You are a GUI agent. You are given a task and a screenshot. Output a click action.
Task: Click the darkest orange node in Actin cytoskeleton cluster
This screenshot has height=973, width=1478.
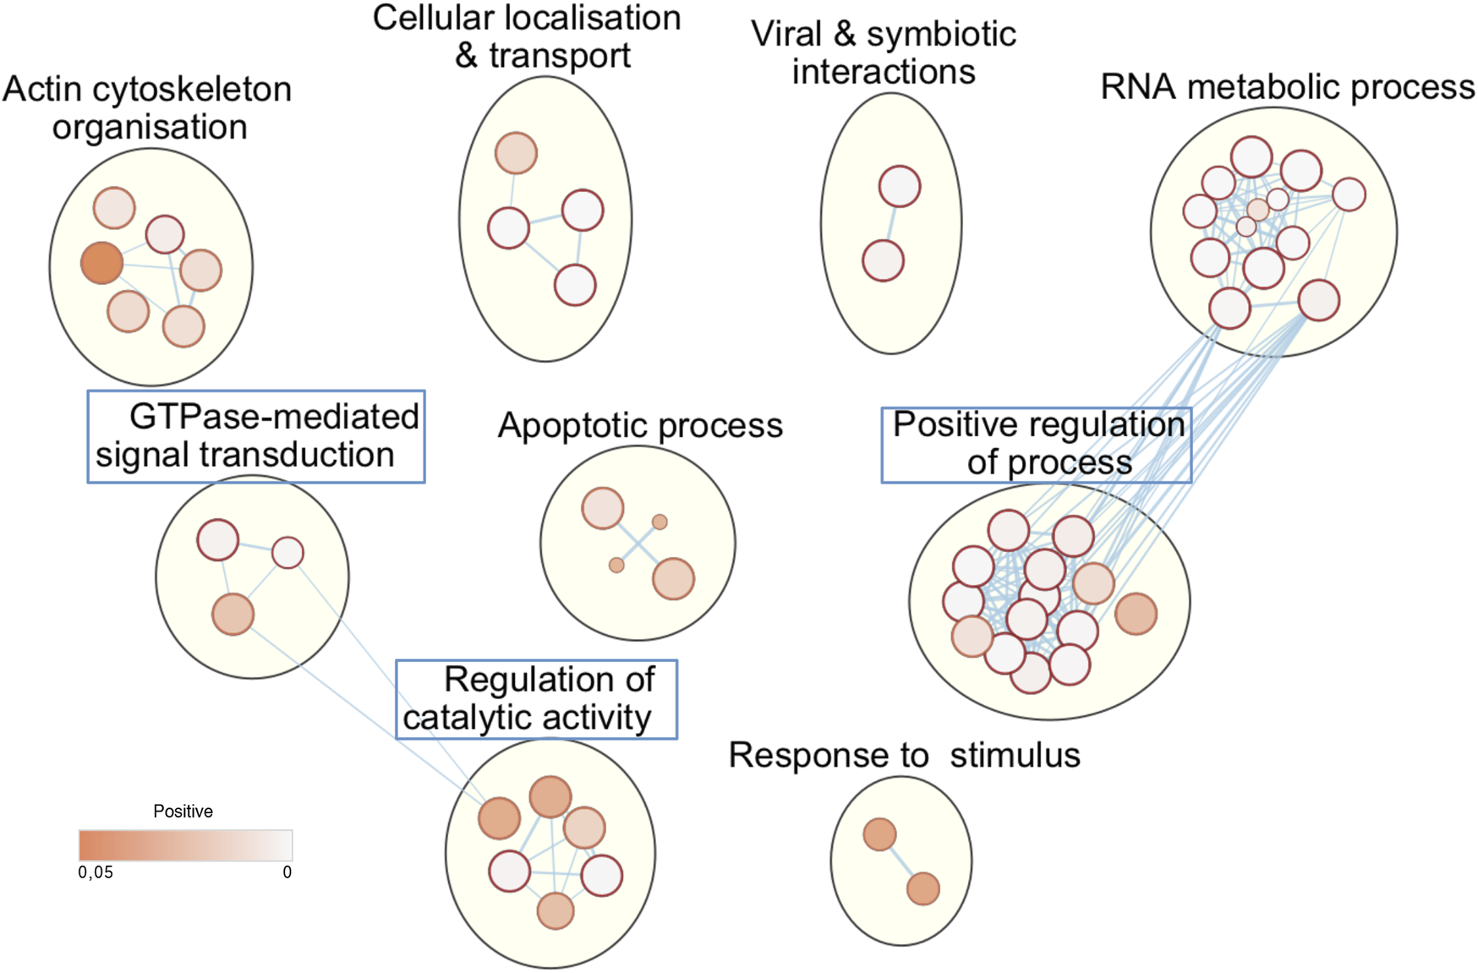click(101, 262)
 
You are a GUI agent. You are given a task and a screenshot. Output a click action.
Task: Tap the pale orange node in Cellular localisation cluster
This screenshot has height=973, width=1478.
click(516, 153)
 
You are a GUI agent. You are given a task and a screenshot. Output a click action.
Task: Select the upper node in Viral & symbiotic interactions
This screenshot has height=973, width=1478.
click(900, 186)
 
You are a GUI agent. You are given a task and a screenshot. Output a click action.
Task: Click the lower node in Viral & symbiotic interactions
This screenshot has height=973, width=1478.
click(884, 260)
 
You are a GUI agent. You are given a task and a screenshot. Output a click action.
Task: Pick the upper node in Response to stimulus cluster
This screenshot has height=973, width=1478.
click(879, 834)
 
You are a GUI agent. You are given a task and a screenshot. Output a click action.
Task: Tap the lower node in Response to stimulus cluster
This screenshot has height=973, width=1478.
click(923, 889)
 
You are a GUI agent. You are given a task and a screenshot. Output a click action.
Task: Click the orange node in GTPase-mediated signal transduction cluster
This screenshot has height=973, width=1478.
click(233, 615)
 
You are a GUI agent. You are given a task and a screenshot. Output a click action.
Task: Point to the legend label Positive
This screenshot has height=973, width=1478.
click(183, 812)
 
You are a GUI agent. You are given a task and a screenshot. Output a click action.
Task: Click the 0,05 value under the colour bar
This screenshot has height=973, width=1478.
click(96, 872)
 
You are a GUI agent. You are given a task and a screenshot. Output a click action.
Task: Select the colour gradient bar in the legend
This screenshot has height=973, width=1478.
click(186, 845)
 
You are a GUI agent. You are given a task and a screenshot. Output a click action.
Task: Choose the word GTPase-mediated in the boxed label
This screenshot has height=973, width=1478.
click(274, 417)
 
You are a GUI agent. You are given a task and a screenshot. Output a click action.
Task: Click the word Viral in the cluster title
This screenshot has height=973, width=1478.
click(786, 35)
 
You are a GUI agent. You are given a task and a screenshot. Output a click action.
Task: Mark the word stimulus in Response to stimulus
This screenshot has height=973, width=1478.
click(1015, 755)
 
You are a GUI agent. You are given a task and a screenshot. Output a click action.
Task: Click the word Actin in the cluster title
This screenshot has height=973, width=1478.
click(41, 90)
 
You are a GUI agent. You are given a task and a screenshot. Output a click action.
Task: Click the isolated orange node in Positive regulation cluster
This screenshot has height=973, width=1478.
click(1136, 615)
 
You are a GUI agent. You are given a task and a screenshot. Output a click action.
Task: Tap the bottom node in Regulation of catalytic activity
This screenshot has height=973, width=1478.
click(556, 911)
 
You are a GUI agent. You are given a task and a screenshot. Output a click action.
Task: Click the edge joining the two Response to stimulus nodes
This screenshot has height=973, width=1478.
click(901, 862)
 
